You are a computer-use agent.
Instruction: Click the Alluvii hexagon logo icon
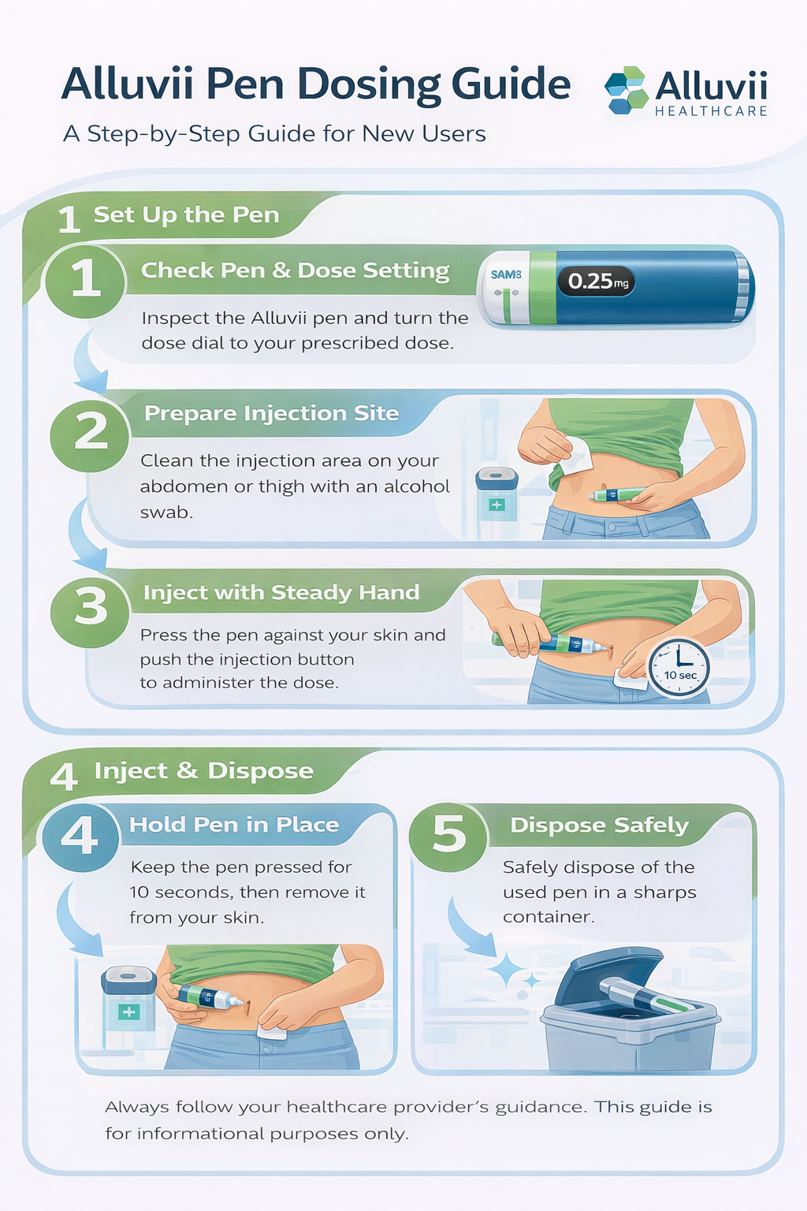(x=626, y=91)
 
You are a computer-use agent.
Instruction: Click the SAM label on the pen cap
(x=505, y=275)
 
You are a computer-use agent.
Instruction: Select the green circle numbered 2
(x=90, y=432)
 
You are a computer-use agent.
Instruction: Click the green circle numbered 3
(x=90, y=607)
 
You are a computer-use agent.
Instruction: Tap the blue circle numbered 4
(x=80, y=834)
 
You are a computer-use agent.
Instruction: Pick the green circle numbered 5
(x=449, y=834)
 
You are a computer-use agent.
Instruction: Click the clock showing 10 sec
(x=679, y=667)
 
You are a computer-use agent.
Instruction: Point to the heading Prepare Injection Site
(x=271, y=413)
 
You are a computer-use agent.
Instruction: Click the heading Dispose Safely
(x=599, y=825)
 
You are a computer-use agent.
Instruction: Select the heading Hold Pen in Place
(x=234, y=825)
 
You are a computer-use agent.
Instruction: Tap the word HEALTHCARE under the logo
(x=711, y=111)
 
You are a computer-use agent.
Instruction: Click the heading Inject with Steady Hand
(x=281, y=592)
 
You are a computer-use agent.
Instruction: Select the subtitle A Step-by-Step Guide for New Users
(x=274, y=133)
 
